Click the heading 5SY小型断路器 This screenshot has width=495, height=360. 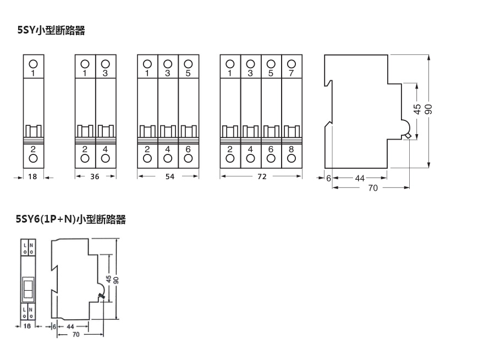[51, 31]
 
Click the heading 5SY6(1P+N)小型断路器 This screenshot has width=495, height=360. [71, 220]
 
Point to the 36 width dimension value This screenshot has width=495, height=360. [95, 177]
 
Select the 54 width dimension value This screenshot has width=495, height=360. [168, 177]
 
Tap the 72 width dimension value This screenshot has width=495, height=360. [261, 177]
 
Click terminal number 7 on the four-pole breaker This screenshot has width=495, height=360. [291, 73]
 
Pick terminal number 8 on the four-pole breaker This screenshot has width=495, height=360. [291, 149]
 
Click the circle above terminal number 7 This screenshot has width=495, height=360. [291, 64]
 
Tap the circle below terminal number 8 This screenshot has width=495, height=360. [291, 158]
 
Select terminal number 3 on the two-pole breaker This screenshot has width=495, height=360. [106, 73]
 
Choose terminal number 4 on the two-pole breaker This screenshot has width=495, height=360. [106, 149]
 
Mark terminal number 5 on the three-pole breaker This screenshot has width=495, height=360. [188, 73]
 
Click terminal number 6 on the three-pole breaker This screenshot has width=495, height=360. [188, 149]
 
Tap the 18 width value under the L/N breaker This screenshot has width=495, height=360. [27, 326]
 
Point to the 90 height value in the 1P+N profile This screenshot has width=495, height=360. [116, 279]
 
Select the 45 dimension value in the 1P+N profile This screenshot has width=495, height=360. [108, 279]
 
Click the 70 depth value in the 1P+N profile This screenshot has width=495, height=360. [75, 334]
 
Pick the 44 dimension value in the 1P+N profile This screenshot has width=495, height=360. [70, 326]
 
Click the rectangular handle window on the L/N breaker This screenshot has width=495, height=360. [28, 287]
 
